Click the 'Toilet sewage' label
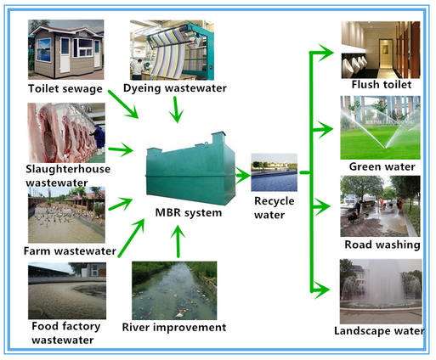[x=65, y=89]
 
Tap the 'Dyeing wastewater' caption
[x=175, y=88]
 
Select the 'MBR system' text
[x=189, y=213]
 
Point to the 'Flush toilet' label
[x=382, y=85]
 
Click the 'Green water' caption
[x=382, y=166]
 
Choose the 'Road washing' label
[x=382, y=245]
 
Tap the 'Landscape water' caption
[x=379, y=331]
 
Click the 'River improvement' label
[x=174, y=328]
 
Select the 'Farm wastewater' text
[x=70, y=251]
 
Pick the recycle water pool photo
[x=274, y=172]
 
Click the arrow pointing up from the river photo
[x=178, y=241]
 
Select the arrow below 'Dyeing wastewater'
[x=176, y=110]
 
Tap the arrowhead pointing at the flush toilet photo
[x=326, y=53]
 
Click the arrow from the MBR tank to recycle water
[x=243, y=176]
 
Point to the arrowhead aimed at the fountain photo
[x=322, y=290]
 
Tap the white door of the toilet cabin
[x=65, y=55]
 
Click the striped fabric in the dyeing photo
[x=171, y=53]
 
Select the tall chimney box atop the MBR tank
[x=218, y=138]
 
